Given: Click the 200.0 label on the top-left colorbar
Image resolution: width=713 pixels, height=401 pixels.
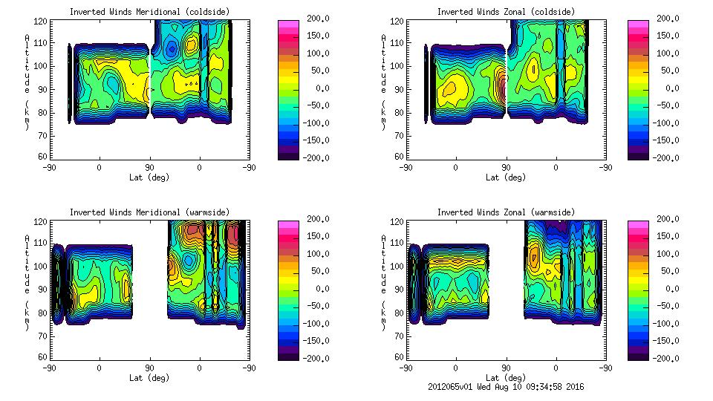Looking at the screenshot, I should point(315,19).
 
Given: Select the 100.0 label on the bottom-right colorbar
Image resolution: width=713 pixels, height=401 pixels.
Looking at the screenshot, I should point(667,254).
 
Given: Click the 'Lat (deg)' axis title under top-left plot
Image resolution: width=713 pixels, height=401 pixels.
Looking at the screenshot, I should point(149,177).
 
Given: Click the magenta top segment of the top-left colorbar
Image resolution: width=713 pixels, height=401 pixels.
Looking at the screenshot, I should point(287,23).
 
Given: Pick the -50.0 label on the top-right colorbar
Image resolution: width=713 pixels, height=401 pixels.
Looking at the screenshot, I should point(666,105).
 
